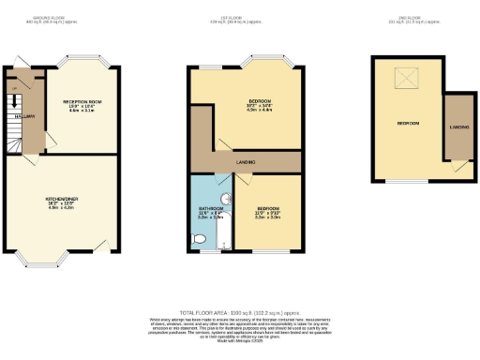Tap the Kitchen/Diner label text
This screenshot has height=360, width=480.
pyautogui.click(x=61, y=199)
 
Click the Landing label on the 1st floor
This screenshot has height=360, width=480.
pyautogui.click(x=247, y=162)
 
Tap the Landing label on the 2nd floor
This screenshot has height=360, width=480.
pyautogui.click(x=459, y=127)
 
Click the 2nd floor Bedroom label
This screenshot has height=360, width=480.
pyautogui.click(x=408, y=123)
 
